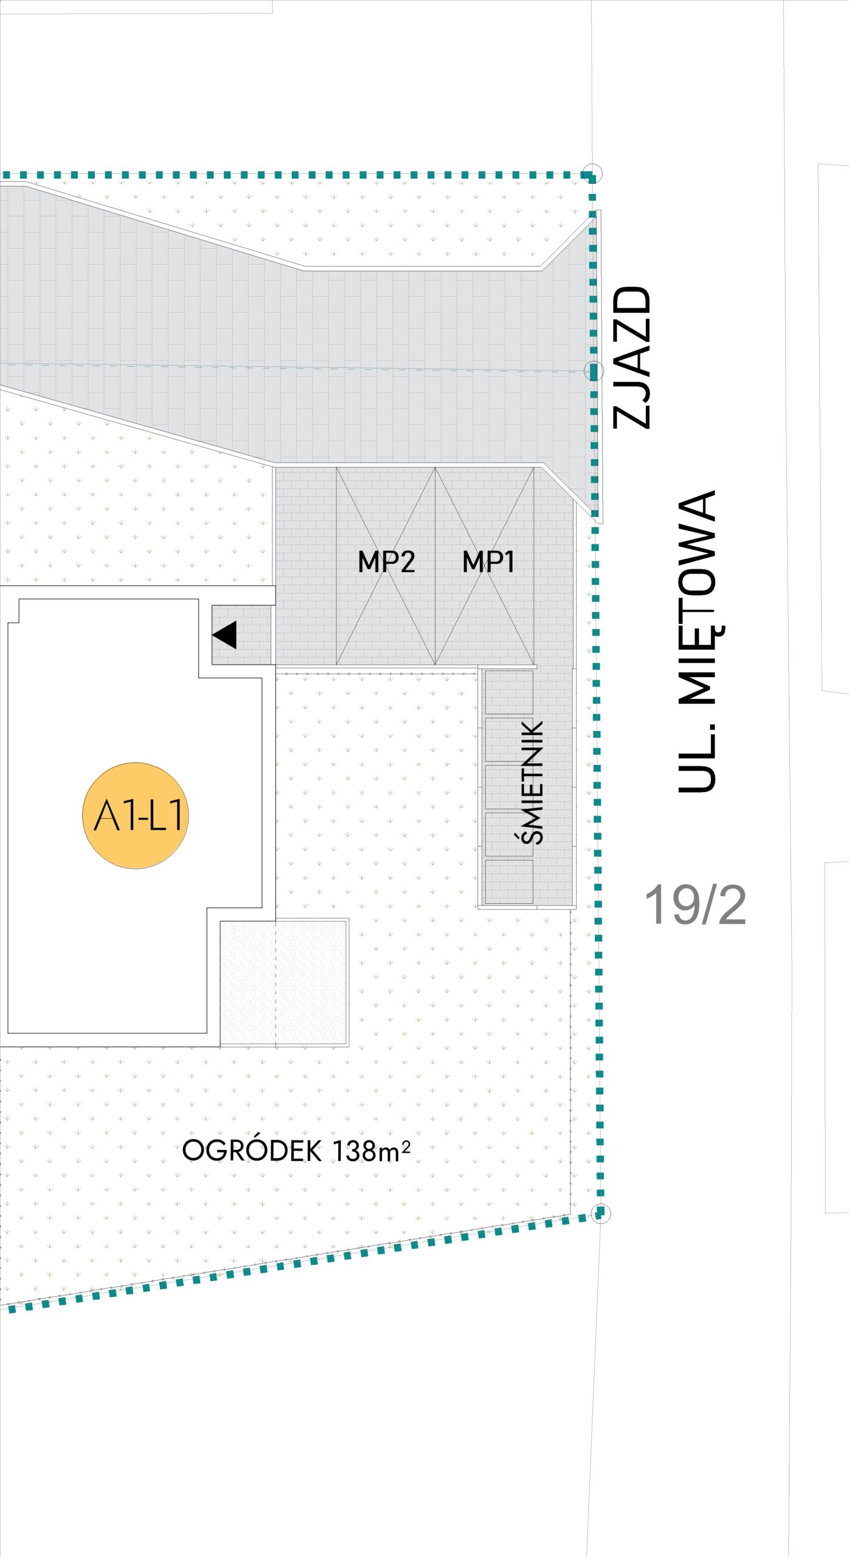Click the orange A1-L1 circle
point(136,815)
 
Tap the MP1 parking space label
point(488,561)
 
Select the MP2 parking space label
point(386,561)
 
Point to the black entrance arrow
point(225,635)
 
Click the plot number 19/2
point(695,906)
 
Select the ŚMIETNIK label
point(533,782)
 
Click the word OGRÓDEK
point(252,1151)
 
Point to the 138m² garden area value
point(372,1151)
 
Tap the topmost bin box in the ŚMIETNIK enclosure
point(509,692)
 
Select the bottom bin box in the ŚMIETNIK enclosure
point(509,881)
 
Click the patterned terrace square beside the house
point(284,982)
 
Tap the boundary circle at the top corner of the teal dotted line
point(592,173)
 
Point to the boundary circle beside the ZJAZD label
point(594,370)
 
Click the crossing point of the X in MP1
point(485,566)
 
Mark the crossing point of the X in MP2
point(386,566)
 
